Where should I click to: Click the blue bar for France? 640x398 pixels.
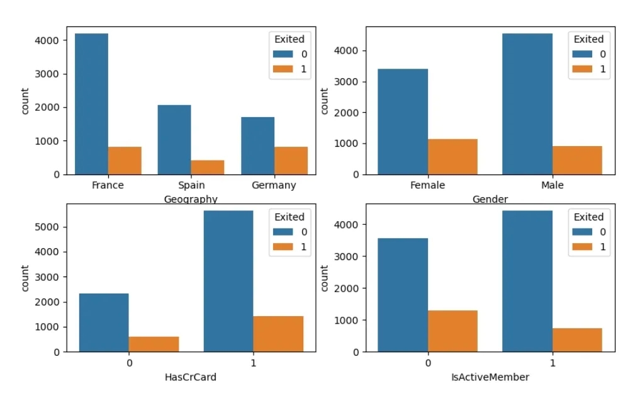click(91, 104)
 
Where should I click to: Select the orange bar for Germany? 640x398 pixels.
click(291, 161)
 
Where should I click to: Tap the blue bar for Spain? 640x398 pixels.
click(174, 140)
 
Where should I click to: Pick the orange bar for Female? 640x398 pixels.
click(452, 157)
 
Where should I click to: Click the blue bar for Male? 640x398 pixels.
click(527, 104)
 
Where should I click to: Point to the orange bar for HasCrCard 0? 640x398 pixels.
click(154, 344)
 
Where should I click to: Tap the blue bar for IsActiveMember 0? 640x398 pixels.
click(403, 295)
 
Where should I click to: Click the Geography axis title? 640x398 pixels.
click(190, 200)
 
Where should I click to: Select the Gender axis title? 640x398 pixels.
click(490, 200)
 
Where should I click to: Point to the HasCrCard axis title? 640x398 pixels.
click(191, 377)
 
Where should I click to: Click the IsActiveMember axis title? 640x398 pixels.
click(490, 377)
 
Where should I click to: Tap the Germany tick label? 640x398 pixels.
click(274, 186)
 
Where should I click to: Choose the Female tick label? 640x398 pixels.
click(427, 186)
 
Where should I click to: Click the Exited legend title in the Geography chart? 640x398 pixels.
click(289, 39)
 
